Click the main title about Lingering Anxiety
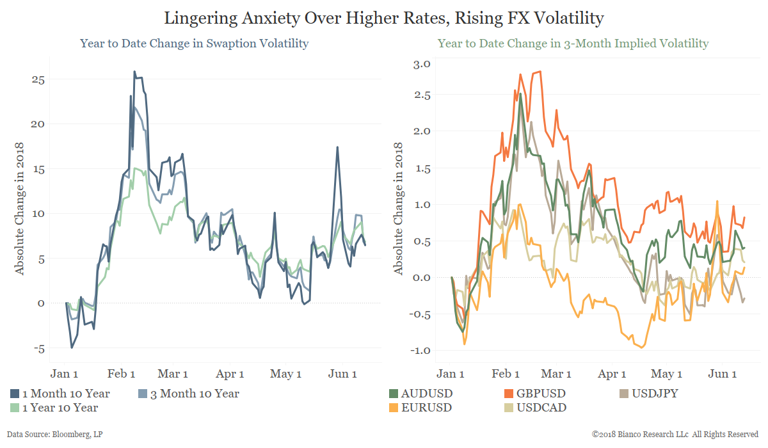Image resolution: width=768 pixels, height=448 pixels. click(384, 18)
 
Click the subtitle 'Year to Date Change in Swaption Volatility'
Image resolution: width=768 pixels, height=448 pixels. click(195, 44)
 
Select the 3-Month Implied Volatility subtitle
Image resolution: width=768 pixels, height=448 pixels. click(573, 44)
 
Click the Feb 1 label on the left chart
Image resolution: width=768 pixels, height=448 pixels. click(120, 374)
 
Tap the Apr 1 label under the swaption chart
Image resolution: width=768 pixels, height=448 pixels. click(230, 374)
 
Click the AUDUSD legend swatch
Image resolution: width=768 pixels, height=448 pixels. click(394, 394)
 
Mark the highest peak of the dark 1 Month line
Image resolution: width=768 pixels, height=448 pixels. click(134, 72)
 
